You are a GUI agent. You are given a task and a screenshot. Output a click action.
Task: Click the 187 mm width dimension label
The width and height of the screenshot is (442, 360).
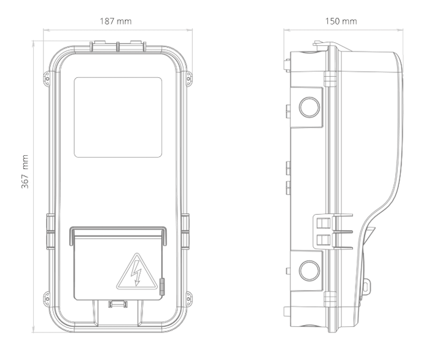[115, 21]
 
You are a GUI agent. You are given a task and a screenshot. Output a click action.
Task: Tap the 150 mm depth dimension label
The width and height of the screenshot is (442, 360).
[341, 21]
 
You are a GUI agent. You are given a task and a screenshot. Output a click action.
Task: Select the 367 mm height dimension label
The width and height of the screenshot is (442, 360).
[25, 172]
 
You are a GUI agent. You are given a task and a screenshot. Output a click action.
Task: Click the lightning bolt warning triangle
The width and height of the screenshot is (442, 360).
[137, 271]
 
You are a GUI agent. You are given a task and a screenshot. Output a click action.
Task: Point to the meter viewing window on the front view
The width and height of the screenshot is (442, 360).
[118, 117]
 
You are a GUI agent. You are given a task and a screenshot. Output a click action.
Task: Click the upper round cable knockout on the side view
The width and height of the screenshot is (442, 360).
[309, 107]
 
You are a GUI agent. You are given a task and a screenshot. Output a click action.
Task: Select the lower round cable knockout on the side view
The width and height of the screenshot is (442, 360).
[309, 270]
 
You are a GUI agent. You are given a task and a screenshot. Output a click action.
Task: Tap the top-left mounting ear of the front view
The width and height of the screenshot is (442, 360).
[47, 78]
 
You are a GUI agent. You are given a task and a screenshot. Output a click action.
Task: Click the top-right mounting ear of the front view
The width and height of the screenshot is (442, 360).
[189, 78]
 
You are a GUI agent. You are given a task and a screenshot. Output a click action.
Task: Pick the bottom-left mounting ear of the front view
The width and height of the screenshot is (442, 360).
[47, 299]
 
